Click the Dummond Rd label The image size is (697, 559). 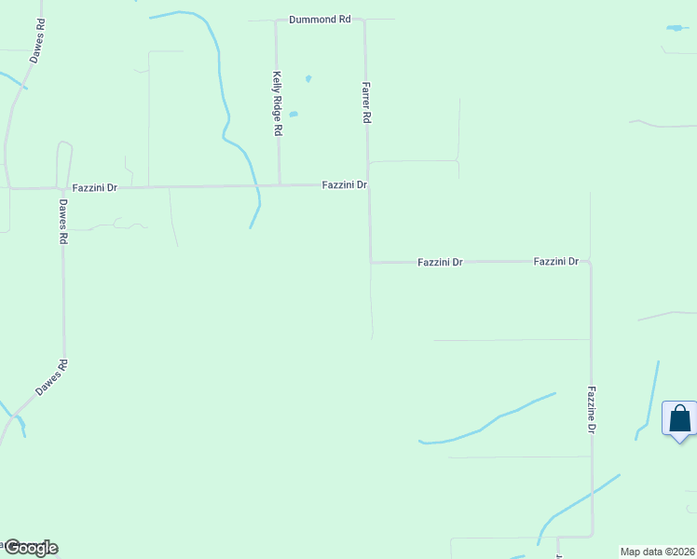(x=319, y=20)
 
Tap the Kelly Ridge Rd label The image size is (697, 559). (x=277, y=104)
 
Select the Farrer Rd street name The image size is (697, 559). (x=367, y=102)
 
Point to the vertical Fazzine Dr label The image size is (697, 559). (x=591, y=411)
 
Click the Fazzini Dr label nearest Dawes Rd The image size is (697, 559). (x=96, y=187)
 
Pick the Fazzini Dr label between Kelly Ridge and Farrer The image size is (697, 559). (x=344, y=185)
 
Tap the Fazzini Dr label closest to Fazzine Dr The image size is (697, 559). (x=556, y=263)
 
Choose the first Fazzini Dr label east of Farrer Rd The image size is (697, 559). (x=440, y=263)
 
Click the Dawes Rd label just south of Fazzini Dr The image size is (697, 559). (x=63, y=222)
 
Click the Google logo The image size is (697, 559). (x=30, y=548)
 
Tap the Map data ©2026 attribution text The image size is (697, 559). (x=657, y=552)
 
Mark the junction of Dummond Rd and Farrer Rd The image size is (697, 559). (x=364, y=20)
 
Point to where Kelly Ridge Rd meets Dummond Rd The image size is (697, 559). (x=276, y=20)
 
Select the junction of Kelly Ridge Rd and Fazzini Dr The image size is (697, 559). (x=280, y=185)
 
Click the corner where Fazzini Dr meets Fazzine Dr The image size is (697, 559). (x=590, y=263)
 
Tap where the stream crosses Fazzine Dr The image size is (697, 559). (x=592, y=493)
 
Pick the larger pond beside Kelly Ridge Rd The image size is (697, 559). (x=294, y=115)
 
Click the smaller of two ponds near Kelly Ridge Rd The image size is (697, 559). (x=307, y=78)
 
